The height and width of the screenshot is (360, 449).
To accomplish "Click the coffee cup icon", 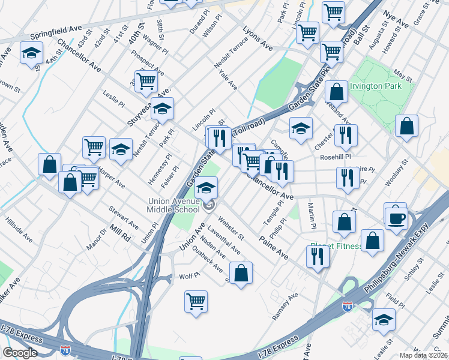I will pyautogui.click(x=397, y=218).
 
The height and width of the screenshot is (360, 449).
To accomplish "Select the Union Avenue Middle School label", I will pyautogui.click(x=175, y=205).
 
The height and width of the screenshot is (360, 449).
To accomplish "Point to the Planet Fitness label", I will pyautogui.click(x=336, y=246).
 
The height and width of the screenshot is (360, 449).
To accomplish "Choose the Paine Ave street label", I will pyautogui.click(x=274, y=245).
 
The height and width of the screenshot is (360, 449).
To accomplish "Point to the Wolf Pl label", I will pyautogui.click(x=189, y=277).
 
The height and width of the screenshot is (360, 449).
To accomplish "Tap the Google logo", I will pyautogui.click(x=20, y=353).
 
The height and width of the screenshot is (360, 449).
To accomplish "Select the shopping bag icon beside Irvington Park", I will pyautogui.click(x=406, y=126).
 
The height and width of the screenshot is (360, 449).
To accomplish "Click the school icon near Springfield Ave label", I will pyautogui.click(x=31, y=54).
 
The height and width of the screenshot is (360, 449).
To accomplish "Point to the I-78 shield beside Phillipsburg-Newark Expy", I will pyautogui.click(x=347, y=306).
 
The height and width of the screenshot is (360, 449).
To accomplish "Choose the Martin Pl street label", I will pyautogui.click(x=312, y=216).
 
